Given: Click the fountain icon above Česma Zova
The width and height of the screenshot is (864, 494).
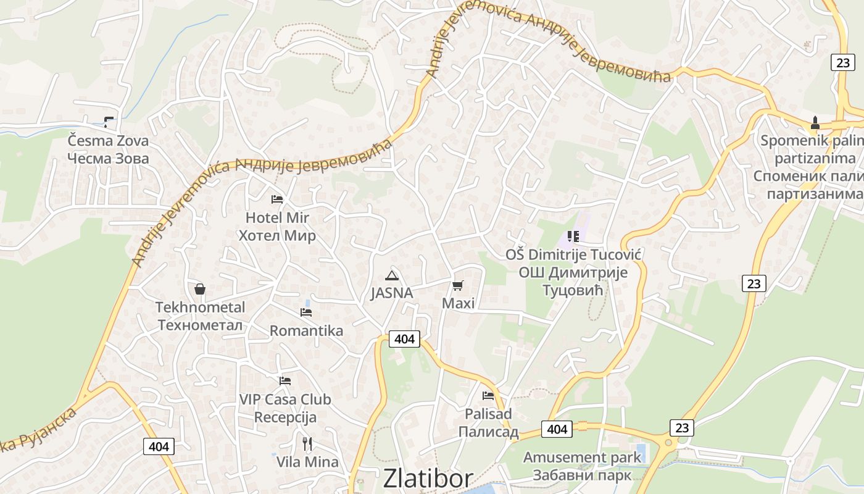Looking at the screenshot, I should (109, 122).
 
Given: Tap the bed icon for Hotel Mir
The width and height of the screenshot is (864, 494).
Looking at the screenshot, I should (277, 199).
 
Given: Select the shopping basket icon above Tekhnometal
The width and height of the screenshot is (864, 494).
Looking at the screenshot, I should (200, 288).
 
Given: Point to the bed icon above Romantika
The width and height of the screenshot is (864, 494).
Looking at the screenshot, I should (305, 312).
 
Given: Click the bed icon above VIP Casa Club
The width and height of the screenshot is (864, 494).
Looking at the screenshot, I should (285, 381).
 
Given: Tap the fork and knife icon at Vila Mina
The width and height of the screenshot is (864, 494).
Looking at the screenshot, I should (307, 443).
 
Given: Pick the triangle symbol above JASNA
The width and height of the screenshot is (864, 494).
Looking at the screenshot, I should (391, 275).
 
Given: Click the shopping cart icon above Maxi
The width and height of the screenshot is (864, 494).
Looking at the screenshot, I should (457, 285).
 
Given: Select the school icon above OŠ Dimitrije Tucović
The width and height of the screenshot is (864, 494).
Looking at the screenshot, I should (573, 236).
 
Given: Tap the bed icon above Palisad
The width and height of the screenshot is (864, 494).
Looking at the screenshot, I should (488, 395).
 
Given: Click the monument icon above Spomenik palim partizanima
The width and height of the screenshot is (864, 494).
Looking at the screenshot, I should (815, 122).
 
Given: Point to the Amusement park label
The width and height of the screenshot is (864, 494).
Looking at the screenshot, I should (583, 458).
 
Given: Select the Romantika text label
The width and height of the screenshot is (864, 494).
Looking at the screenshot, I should (306, 330).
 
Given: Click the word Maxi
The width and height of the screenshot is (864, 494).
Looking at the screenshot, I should (459, 303).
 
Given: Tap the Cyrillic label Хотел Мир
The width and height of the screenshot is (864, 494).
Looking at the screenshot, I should (277, 235).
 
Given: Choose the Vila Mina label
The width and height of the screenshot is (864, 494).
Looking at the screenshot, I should (307, 462).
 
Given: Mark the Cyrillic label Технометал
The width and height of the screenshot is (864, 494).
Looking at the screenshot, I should (200, 325).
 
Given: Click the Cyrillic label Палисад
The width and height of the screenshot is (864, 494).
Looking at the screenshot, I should (488, 432).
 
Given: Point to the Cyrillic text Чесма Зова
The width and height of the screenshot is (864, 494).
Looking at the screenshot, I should (108, 158).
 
